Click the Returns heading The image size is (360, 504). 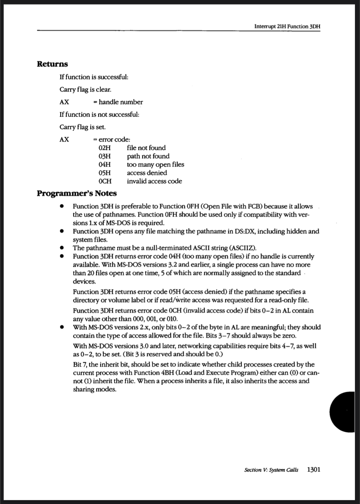click(x=52, y=64)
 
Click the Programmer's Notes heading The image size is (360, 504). click(x=77, y=193)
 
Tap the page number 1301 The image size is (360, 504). click(x=313, y=469)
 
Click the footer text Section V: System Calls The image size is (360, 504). click(x=271, y=470)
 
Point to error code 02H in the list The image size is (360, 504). click(x=105, y=148)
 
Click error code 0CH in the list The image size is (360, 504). click(x=105, y=181)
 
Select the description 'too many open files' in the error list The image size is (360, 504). click(x=155, y=164)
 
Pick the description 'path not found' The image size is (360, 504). click(x=148, y=156)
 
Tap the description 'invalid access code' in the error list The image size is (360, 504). click(x=154, y=181)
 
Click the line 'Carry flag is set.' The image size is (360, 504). click(x=83, y=127)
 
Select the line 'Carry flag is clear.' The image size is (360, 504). click(x=85, y=89)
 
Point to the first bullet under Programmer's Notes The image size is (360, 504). click(x=62, y=206)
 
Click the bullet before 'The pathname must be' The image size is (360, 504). click(x=62, y=248)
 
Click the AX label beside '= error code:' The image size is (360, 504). click(x=64, y=139)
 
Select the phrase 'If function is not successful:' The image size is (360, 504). click(x=99, y=114)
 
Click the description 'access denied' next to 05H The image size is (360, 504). click(x=147, y=173)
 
